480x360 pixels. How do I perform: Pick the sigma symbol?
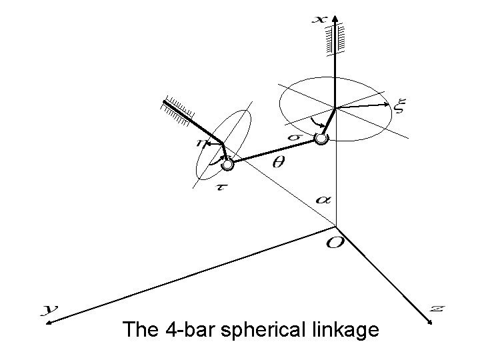(x=294, y=137)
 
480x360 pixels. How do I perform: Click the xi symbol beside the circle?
(x=400, y=105)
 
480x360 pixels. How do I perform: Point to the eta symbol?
(x=200, y=142)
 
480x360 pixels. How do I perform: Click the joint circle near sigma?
(x=321, y=139)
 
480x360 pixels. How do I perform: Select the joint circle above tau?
(x=228, y=163)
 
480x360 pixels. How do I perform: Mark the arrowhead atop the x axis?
(x=336, y=17)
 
